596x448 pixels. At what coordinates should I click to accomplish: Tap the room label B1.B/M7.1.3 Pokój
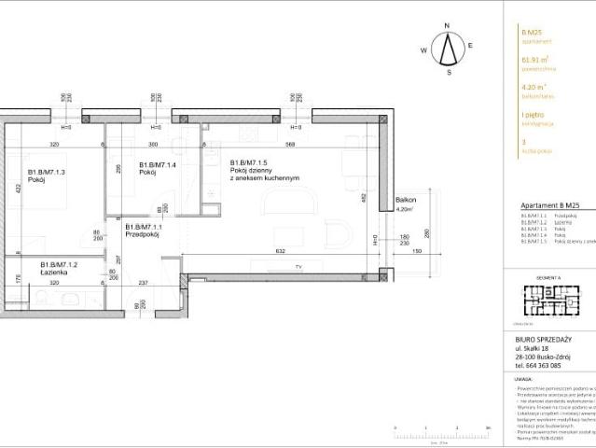click(45, 177)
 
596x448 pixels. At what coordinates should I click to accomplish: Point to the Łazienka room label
click(58, 270)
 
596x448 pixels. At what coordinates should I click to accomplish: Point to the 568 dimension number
click(291, 145)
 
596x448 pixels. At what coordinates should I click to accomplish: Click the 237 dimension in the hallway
click(144, 283)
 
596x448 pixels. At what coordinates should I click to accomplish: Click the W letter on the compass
click(423, 49)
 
